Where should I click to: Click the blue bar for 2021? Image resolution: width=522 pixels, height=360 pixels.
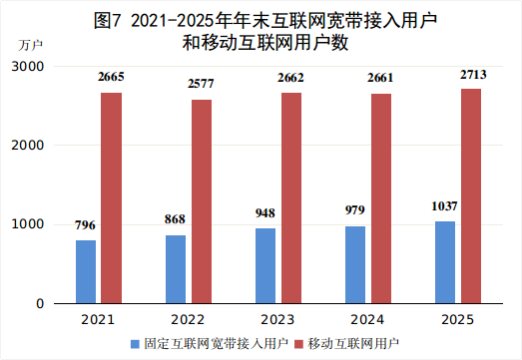pyautogui.click(x=86, y=271)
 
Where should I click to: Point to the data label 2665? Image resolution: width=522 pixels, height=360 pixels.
pyautogui.click(x=111, y=77)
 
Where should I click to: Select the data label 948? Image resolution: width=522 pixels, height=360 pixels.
pyautogui.click(x=265, y=213)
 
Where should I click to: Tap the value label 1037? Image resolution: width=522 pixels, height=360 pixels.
pyautogui.click(x=444, y=206)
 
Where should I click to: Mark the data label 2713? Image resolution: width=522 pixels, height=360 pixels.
pyautogui.click(x=471, y=73)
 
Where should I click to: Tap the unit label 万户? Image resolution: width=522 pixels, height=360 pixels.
pyautogui.click(x=30, y=45)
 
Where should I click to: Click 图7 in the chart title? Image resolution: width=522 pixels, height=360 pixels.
pyautogui.click(x=107, y=20)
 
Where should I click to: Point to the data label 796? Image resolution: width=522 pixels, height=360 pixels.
pyautogui.click(x=86, y=225)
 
